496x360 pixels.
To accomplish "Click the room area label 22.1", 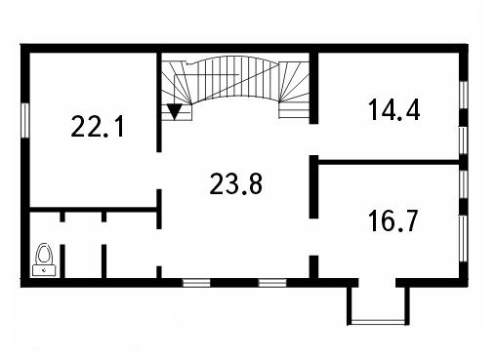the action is click(x=98, y=127).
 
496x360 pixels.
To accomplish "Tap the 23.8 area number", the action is click(x=236, y=183).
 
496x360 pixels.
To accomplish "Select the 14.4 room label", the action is click(x=393, y=110).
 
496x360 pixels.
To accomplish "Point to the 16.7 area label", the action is click(x=393, y=221).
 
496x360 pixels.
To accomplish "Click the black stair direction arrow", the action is click(x=175, y=112).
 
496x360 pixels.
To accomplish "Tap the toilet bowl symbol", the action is click(x=44, y=254).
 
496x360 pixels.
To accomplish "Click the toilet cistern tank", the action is click(x=44, y=270).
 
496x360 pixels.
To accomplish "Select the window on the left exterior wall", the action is click(x=25, y=120).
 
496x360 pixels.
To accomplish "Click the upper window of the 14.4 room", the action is click(x=465, y=95).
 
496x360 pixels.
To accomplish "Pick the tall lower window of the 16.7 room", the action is click(x=463, y=238).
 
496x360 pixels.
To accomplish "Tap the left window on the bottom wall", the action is click(x=196, y=283).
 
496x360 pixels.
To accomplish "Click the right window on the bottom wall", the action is click(x=272, y=283).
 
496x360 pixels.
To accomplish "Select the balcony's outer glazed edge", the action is click(x=378, y=322).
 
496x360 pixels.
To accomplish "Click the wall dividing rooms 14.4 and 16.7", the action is click(x=389, y=162).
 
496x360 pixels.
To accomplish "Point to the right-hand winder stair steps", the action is click(x=294, y=90).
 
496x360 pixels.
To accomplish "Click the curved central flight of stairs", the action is click(x=235, y=79).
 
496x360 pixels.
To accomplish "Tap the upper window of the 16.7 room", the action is click(x=464, y=184).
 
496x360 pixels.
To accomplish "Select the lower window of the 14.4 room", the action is click(x=463, y=140).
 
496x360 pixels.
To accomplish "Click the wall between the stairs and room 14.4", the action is click(x=313, y=88).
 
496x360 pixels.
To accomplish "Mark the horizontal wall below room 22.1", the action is click(x=94, y=210).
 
